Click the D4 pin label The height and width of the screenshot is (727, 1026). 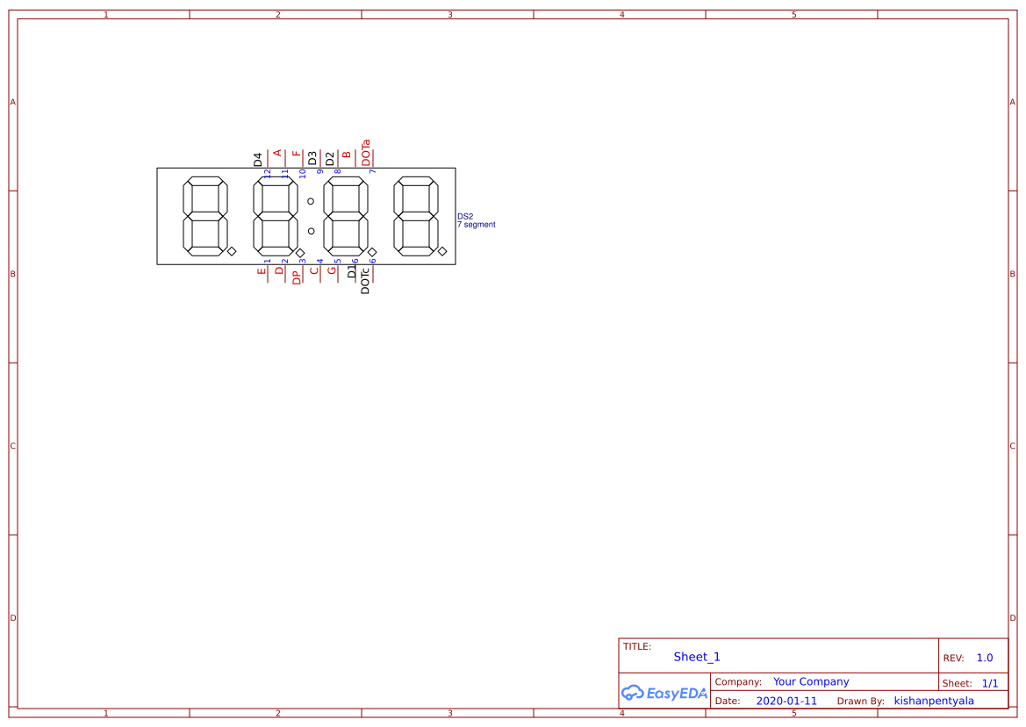(258, 159)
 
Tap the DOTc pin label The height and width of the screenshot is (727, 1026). (365, 280)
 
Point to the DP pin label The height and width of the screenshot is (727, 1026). (296, 277)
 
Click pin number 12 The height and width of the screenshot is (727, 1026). (268, 173)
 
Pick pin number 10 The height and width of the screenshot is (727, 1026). (303, 173)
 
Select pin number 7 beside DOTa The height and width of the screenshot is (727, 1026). (373, 171)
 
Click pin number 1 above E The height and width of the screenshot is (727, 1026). (268, 261)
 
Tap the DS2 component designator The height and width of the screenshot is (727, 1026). (465, 216)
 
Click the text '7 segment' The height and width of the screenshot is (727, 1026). (476, 225)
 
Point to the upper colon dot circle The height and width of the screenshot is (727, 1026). (311, 201)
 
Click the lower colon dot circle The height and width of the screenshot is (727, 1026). (311, 231)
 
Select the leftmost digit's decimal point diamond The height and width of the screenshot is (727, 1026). (232, 252)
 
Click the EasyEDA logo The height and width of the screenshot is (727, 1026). (664, 693)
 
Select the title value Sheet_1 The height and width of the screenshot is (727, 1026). (697, 657)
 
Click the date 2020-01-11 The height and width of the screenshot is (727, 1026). (786, 701)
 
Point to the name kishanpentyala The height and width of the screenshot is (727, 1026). (934, 701)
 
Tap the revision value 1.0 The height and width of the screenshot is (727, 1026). (985, 658)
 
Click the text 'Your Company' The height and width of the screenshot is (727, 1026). (811, 681)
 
